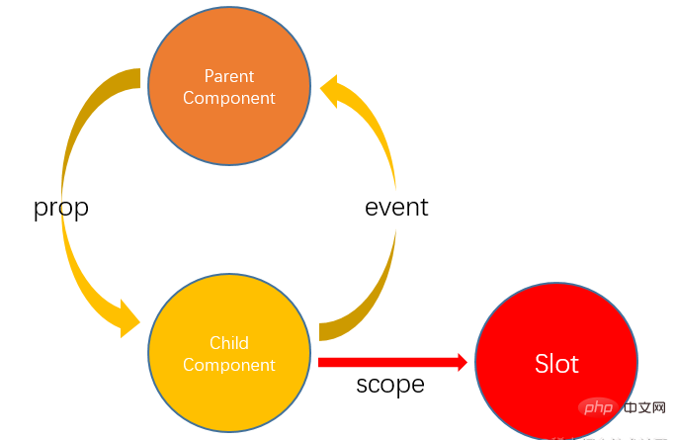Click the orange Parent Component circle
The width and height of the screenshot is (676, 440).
point(229,86)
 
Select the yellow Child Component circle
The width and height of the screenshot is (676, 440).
point(229,353)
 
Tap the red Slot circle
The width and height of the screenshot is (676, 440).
point(555,363)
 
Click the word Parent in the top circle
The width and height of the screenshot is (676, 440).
point(229,76)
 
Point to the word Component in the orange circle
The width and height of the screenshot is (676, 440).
point(229,98)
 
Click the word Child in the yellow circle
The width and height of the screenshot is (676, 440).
point(229,343)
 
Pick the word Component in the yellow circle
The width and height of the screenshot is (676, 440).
point(229,365)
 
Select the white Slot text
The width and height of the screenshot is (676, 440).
point(555,364)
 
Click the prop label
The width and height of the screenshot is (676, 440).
point(61,208)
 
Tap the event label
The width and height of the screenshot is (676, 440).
point(396,208)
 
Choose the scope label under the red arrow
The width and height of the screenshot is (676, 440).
point(390,385)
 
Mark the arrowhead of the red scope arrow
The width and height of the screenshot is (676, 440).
point(460,362)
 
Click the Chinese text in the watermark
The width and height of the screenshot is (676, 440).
point(641,407)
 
